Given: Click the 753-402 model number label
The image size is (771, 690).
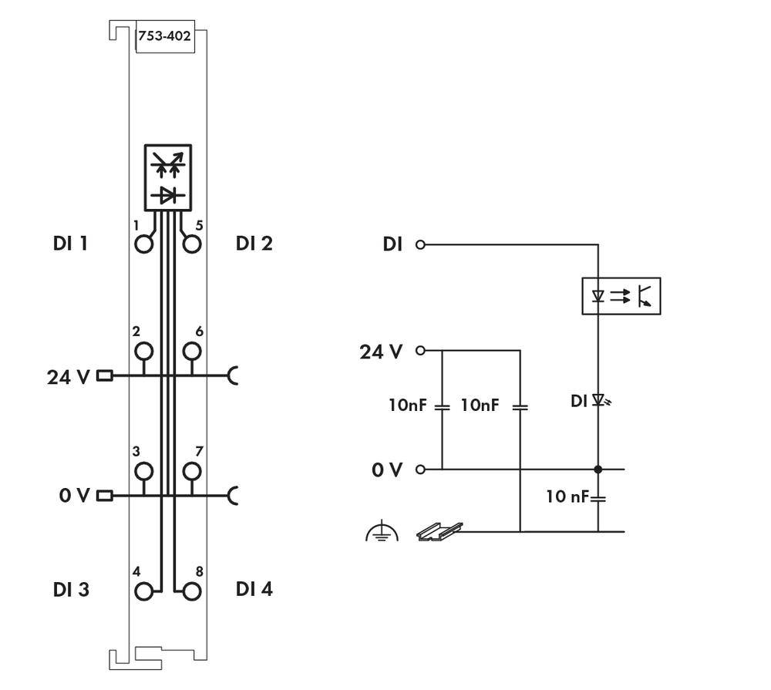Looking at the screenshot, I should click(x=164, y=35).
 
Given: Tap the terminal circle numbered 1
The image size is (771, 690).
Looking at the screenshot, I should click(x=143, y=244).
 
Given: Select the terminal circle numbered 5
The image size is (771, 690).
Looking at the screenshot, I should click(x=192, y=244).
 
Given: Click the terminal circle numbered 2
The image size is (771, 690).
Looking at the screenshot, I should click(x=143, y=352).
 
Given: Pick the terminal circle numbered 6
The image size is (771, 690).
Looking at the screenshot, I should click(x=192, y=352).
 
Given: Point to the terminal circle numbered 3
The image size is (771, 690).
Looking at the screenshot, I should click(x=143, y=471).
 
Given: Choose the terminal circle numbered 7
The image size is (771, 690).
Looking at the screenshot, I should click(x=192, y=471).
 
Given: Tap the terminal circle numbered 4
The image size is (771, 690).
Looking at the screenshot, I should click(x=143, y=591).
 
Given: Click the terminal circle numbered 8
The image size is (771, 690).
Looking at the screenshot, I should click(x=192, y=591).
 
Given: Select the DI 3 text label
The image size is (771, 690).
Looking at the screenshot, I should click(x=71, y=590).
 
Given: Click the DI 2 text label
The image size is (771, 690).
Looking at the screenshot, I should click(x=254, y=244).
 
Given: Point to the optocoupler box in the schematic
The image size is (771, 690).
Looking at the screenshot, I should click(x=621, y=295).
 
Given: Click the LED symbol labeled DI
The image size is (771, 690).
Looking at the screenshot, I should click(x=598, y=401).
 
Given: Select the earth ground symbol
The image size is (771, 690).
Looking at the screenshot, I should click(x=382, y=532).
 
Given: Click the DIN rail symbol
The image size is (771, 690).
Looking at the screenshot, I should click(x=439, y=531).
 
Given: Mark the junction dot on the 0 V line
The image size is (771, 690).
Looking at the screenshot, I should click(x=598, y=469).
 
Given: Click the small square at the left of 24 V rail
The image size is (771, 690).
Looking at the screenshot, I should click(x=105, y=376).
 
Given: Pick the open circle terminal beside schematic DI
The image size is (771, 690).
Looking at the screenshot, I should click(x=420, y=245).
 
